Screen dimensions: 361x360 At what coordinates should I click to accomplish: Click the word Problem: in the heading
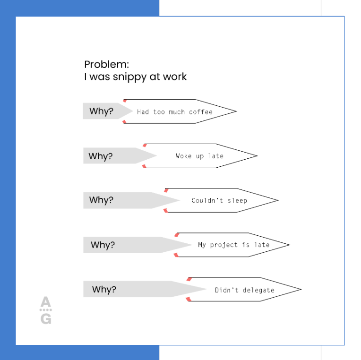(x=106, y=65)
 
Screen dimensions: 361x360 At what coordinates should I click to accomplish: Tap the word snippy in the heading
(x=130, y=77)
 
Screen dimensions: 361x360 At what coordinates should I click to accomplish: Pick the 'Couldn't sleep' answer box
(x=219, y=200)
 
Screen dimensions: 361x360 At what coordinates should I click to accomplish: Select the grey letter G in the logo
(x=46, y=319)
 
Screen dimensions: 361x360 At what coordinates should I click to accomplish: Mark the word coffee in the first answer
(x=201, y=112)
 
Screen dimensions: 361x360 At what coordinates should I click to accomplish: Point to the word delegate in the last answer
(x=258, y=290)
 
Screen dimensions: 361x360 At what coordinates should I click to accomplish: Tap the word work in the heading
(x=175, y=77)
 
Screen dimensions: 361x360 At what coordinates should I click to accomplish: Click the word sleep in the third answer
(x=237, y=200)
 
